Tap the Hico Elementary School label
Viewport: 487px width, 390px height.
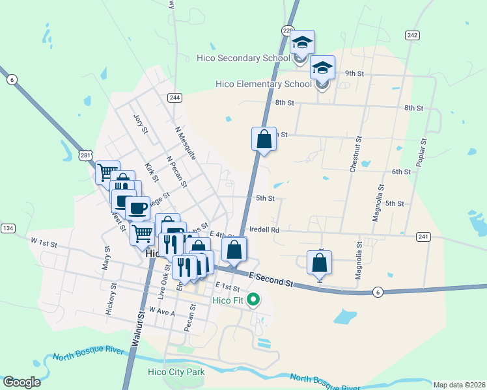click(264, 84)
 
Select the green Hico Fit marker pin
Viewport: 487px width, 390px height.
click(255, 300)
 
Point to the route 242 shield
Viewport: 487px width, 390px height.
click(411, 35)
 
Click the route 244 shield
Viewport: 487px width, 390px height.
click(174, 97)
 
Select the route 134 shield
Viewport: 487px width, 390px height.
click(8, 228)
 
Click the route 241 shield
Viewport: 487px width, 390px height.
click(423, 237)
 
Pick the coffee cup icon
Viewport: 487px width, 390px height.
click(137, 209)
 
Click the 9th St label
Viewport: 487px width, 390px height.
click(354, 73)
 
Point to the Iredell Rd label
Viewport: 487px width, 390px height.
click(264, 229)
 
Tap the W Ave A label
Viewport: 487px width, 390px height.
click(162, 312)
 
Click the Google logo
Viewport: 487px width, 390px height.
click(21, 382)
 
